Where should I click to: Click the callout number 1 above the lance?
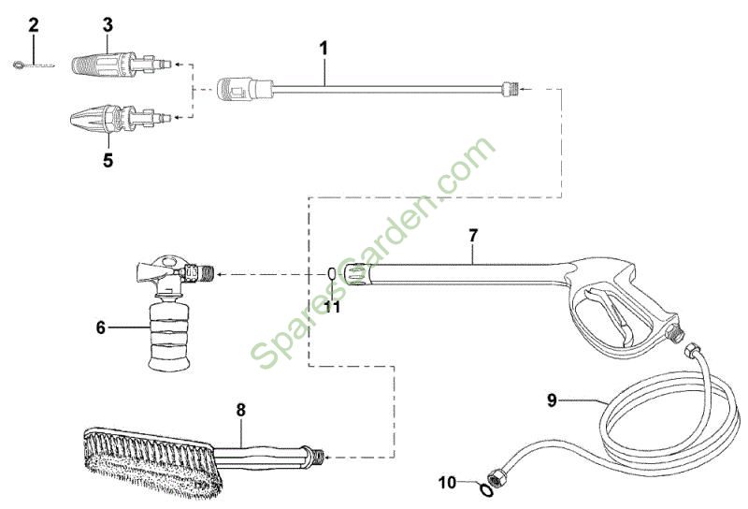tap(324, 50)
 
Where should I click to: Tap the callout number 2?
tap(34, 25)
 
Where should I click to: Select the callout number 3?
tap(108, 25)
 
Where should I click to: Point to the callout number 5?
tap(108, 160)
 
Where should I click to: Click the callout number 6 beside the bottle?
tap(101, 327)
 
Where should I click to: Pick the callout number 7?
tap(473, 236)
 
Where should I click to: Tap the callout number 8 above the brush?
tap(241, 410)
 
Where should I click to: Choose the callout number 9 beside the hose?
tap(552, 400)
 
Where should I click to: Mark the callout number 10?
tap(448, 483)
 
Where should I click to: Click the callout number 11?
tap(332, 307)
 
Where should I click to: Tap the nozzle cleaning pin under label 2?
tap(34, 65)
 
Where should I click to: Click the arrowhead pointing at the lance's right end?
tap(524, 89)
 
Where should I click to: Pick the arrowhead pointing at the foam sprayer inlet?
tap(221, 274)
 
